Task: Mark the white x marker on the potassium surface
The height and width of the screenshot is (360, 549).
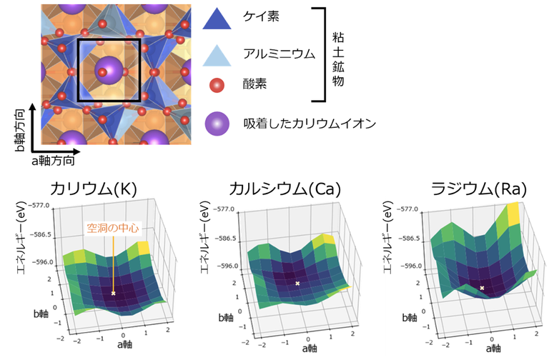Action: [113, 293]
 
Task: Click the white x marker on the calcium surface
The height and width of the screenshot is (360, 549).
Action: [298, 284]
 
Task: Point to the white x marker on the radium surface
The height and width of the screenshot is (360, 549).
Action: [483, 288]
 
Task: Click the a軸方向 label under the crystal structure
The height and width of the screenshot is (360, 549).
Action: [52, 161]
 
